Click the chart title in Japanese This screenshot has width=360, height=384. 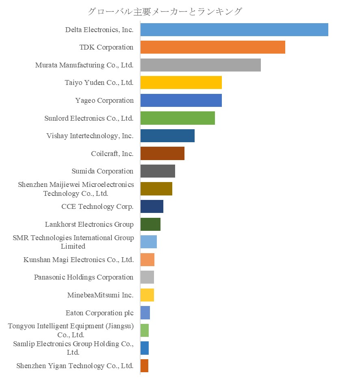pos(165,11)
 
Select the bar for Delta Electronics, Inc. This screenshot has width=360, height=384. pos(234,30)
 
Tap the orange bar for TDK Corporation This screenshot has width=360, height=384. pos(213,47)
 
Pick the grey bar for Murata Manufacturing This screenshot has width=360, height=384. pos(200,65)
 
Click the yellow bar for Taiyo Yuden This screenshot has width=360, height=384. pos(181,82)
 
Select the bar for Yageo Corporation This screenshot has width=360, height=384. pos(181,100)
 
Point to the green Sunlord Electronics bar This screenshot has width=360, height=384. pos(178,118)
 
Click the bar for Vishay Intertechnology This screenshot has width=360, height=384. pos(167,136)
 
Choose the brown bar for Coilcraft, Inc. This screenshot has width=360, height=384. pos(162,154)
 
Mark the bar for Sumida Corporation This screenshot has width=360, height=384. pos(158,171)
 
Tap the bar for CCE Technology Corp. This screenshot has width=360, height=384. pos(152,206)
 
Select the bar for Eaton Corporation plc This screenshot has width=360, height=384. pos(145,313)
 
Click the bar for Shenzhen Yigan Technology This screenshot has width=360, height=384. pos(144,366)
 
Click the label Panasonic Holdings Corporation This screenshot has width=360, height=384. pos(84,277)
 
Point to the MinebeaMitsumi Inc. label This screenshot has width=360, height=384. pos(100,295)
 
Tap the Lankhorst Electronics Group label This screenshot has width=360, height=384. pos(89,224)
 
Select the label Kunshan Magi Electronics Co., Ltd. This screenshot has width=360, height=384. pos(78,260)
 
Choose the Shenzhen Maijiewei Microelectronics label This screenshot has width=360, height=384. pos(76,189)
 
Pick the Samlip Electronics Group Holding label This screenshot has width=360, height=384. pos(73,348)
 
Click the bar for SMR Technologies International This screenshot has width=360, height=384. pos(148,242)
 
